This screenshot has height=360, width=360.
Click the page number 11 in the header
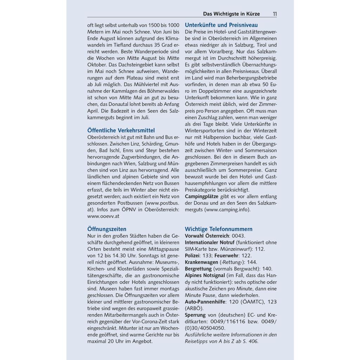click(x=274, y=14)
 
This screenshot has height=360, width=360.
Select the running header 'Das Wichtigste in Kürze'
click(x=231, y=14)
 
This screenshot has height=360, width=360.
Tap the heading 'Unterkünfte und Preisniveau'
click(x=221, y=25)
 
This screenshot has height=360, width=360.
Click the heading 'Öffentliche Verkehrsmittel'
click(x=121, y=130)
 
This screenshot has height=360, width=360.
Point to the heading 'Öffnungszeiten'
click(x=107, y=229)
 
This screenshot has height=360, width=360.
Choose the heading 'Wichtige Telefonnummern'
click(x=219, y=229)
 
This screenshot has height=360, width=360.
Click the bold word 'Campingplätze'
click(x=201, y=196)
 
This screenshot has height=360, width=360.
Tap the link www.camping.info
click(x=227, y=210)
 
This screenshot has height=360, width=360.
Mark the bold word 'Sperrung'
click(x=195, y=315)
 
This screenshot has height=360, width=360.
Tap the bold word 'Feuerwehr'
click(x=227, y=256)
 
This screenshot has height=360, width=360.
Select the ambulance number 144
click(x=252, y=262)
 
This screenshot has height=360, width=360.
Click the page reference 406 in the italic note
click(x=253, y=341)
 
